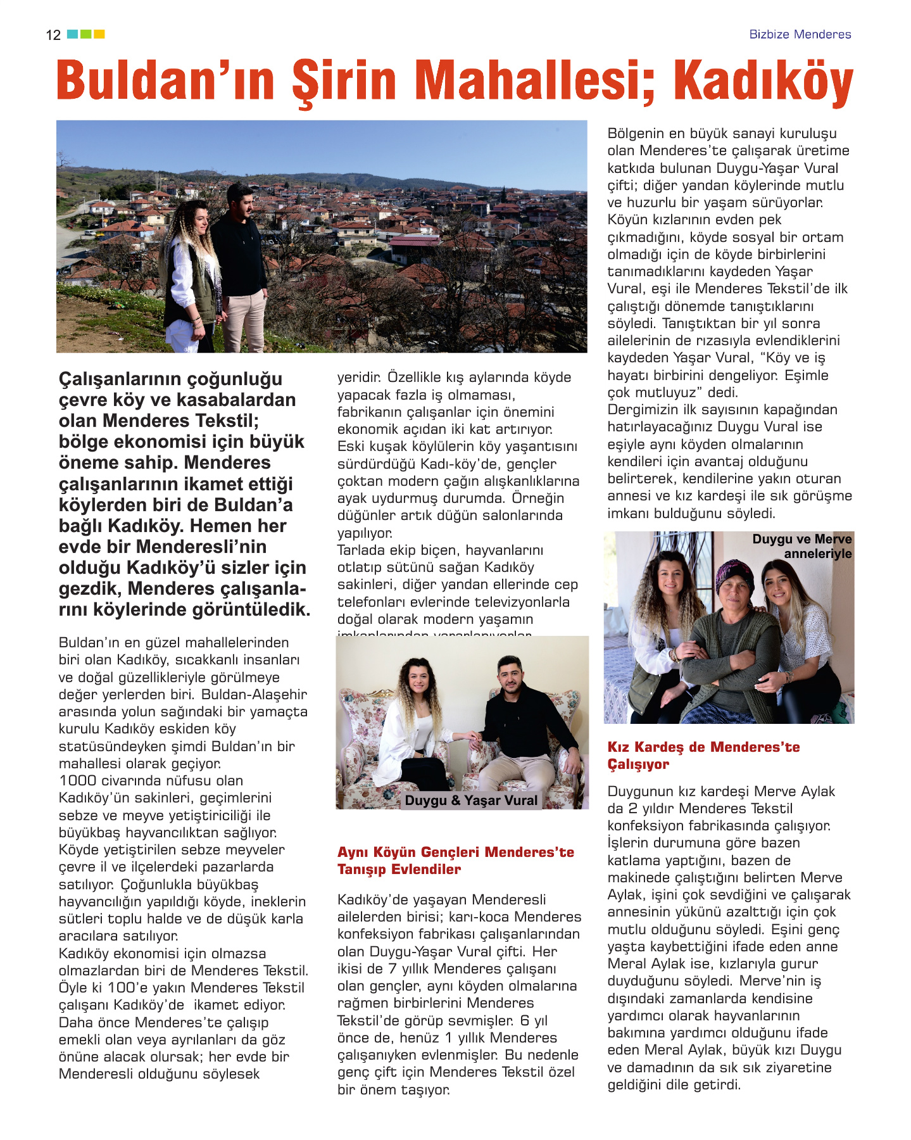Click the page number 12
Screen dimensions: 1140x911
click(x=53, y=35)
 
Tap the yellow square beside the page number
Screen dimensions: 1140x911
click(x=99, y=34)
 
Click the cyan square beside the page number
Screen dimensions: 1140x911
click(x=72, y=34)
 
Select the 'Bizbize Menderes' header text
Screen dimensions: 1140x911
click(x=800, y=34)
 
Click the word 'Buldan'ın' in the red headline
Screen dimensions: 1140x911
click(x=166, y=81)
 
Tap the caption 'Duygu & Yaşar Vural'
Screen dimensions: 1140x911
click(x=470, y=801)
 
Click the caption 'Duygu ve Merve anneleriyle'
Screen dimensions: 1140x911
click(x=802, y=546)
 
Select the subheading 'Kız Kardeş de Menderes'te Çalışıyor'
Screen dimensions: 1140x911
click(x=703, y=756)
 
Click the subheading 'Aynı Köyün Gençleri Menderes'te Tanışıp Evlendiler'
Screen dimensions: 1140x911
click(x=455, y=861)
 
